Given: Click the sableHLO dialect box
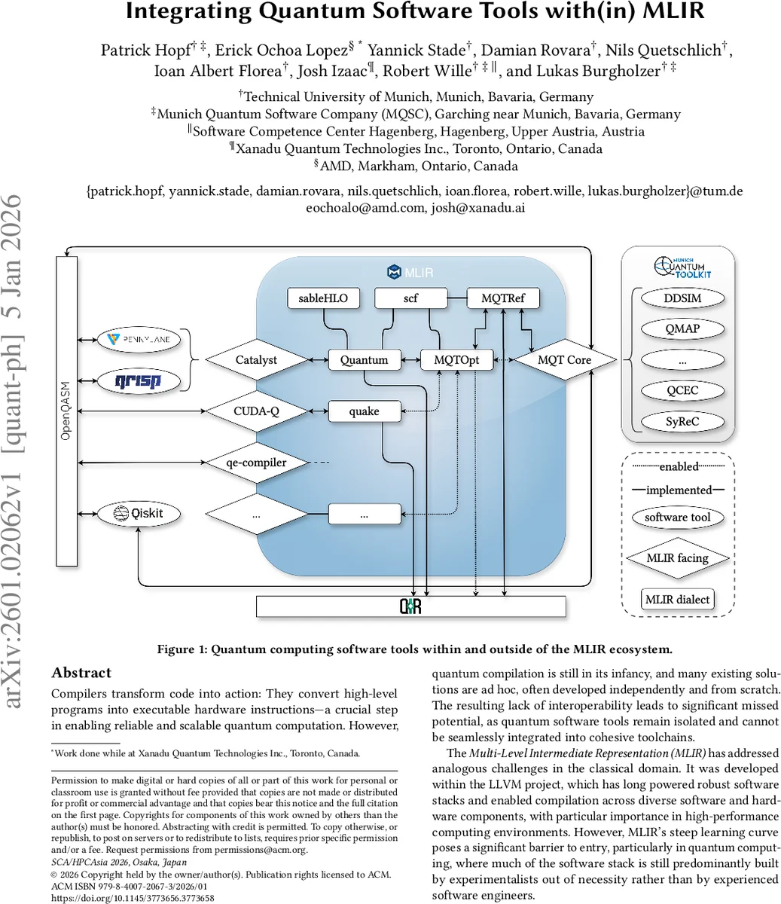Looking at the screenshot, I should [323, 298].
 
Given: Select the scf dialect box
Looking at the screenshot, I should [410, 298].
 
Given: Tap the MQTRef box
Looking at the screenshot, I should [503, 298].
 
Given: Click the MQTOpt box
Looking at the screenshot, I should [456, 360].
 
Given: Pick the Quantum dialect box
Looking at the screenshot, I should [364, 360].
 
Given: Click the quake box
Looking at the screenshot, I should [364, 411].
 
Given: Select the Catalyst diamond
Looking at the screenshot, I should [256, 360].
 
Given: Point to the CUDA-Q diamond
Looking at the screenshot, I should [256, 411].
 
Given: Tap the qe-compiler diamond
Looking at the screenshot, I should [256, 463].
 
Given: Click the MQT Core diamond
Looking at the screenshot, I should [564, 360].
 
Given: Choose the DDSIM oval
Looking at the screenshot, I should [682, 298].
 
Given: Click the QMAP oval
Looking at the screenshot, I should [682, 329].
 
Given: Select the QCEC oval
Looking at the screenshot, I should [682, 390].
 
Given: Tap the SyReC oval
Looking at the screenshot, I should [682, 422].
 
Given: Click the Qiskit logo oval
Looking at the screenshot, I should [140, 514].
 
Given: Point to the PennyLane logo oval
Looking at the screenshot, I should [139, 340].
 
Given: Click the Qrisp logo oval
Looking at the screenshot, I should [139, 381].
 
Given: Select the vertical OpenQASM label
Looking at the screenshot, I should [66, 411].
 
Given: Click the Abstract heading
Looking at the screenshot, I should [81, 673].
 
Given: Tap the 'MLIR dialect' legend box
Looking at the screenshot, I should [677, 600].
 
